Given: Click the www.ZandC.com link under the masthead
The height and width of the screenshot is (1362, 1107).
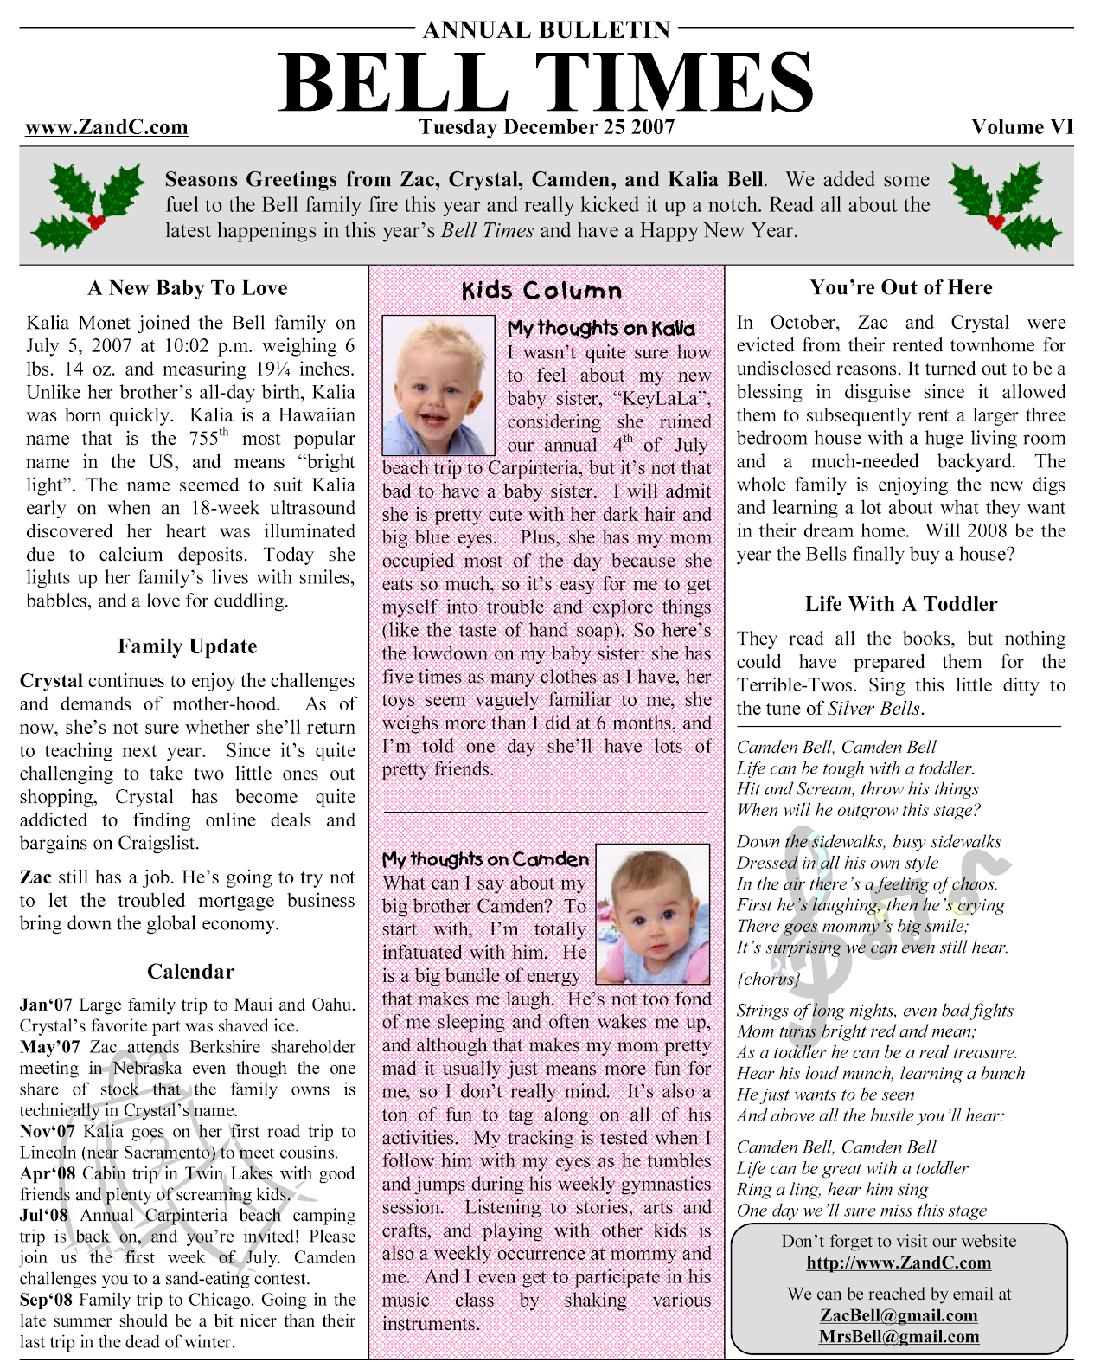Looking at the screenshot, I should click(106, 128).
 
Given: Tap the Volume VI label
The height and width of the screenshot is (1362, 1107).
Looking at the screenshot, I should click(1021, 127).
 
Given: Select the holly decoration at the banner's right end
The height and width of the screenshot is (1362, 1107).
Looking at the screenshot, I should click(1004, 204).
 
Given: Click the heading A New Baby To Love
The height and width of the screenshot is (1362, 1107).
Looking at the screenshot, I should click(188, 288).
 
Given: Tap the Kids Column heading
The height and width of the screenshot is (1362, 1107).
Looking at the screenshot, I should click(541, 291).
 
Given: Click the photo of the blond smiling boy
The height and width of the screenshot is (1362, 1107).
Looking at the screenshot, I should click(438, 385).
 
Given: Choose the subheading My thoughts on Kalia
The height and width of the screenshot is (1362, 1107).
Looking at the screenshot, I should click(601, 329).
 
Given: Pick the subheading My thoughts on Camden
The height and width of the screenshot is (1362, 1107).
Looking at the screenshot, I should click(485, 859).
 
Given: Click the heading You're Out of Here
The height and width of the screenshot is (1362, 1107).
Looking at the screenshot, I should click(901, 288).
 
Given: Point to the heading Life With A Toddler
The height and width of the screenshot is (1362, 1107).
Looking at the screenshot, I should click(901, 604).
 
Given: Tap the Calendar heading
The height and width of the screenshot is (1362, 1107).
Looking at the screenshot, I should click(190, 972).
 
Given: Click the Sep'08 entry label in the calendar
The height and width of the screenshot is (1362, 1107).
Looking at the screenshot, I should click(47, 1300).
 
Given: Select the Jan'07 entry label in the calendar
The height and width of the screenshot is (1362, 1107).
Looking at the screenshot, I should click(47, 1005).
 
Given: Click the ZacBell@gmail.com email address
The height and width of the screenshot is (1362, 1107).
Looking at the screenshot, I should click(899, 1315).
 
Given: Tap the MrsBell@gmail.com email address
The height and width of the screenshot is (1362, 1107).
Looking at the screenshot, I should click(899, 1337).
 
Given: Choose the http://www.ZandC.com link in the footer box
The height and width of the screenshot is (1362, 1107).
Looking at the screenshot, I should click(899, 1262).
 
